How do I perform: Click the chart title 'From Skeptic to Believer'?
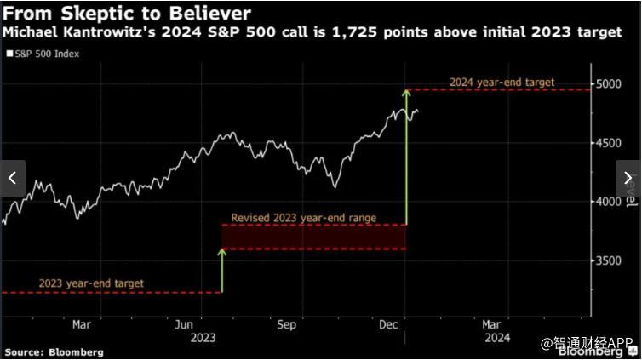(x=128, y=14)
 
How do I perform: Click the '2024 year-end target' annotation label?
(x=502, y=83)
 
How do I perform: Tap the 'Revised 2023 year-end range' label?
(x=303, y=218)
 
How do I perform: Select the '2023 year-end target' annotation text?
(x=91, y=283)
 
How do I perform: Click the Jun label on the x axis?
(x=183, y=323)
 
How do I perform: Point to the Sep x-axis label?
(x=287, y=323)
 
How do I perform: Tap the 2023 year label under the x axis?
(x=203, y=337)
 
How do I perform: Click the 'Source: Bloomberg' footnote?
(x=54, y=351)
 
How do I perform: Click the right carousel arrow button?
(x=628, y=179)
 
